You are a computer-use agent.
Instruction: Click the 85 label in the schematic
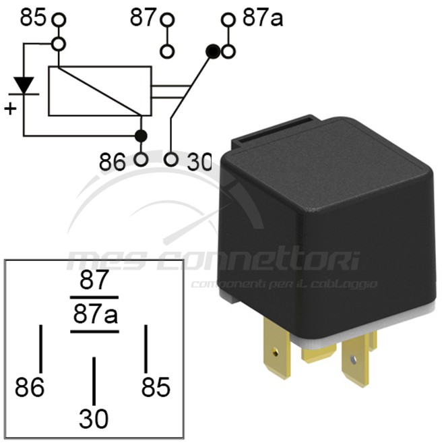34,17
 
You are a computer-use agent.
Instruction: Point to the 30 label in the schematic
197,162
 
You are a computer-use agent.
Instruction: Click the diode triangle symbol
24,86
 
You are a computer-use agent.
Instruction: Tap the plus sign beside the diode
10,108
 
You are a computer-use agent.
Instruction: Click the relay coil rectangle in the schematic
100,90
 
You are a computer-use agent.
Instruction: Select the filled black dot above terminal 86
141,136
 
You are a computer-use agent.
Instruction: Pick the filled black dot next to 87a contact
213,51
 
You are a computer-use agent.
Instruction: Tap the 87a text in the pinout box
94,314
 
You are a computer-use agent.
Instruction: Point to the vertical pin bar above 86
40,348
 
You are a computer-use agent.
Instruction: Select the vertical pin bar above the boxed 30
94,380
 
